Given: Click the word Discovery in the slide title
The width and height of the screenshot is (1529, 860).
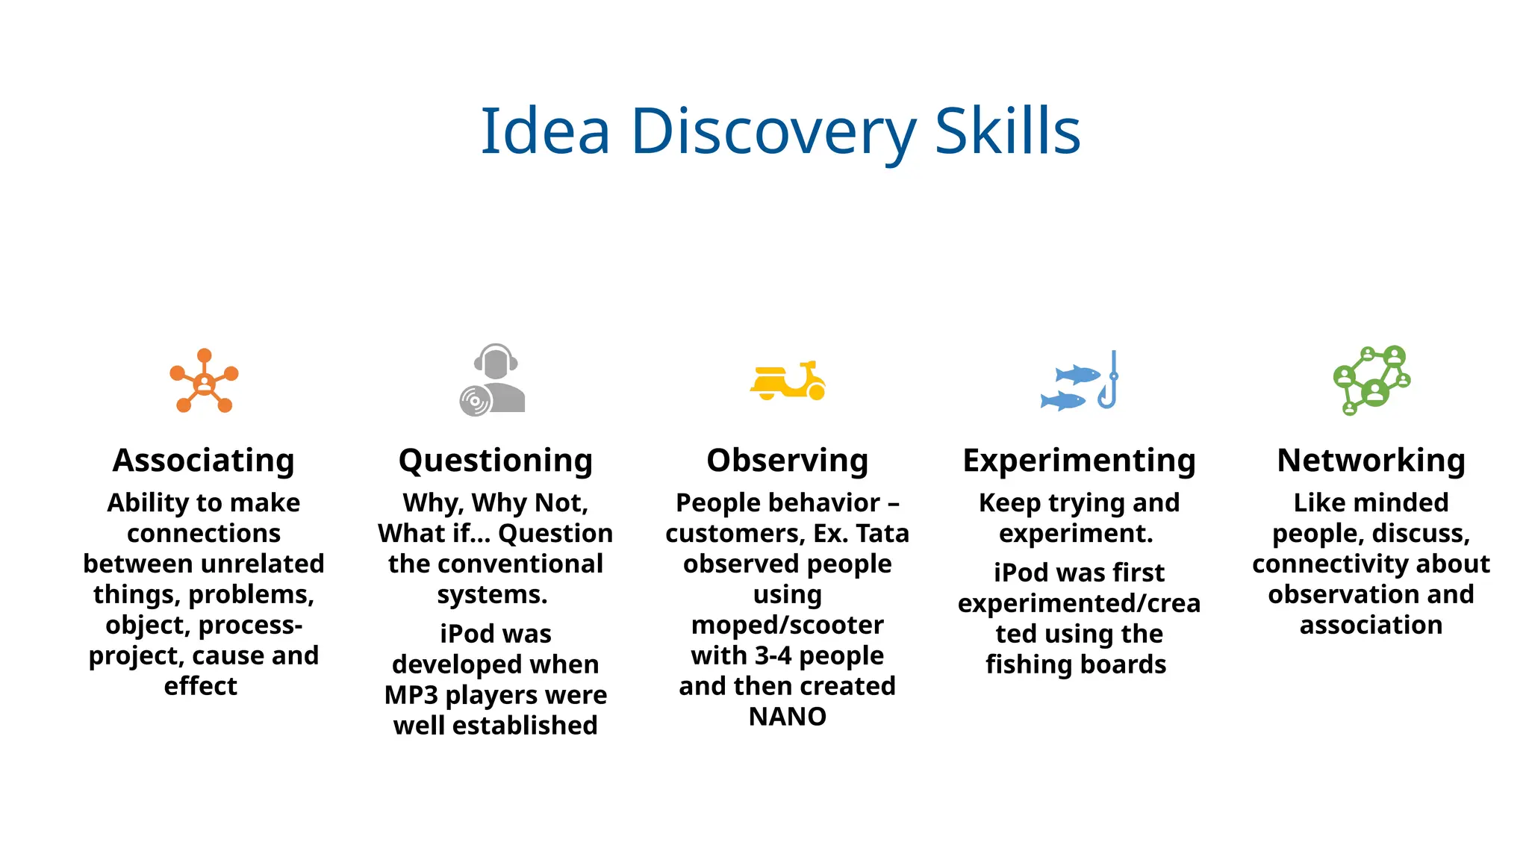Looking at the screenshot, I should point(773,132).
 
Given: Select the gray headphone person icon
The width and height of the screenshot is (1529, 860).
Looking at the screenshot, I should point(493,379).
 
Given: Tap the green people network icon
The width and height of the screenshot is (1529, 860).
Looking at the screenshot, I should point(1371,380).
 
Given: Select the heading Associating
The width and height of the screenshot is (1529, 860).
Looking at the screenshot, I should point(204,461).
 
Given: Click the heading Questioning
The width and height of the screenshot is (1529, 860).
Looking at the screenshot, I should point(496,461).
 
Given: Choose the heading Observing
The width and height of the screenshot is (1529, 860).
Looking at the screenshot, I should point(788,461).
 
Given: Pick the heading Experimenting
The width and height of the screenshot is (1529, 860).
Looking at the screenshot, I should point(1080,461).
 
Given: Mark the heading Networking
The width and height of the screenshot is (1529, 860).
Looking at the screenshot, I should point(1371,461).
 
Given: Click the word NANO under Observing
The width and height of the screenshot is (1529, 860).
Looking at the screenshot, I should point(788,717).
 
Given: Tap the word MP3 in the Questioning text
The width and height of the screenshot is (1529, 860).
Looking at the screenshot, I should point(411,695).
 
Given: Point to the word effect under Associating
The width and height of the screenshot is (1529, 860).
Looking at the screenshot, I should point(201,686).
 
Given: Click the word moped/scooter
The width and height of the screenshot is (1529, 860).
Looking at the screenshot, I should point(788,625).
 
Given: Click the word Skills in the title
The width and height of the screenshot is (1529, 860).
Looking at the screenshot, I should point(1007,132).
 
